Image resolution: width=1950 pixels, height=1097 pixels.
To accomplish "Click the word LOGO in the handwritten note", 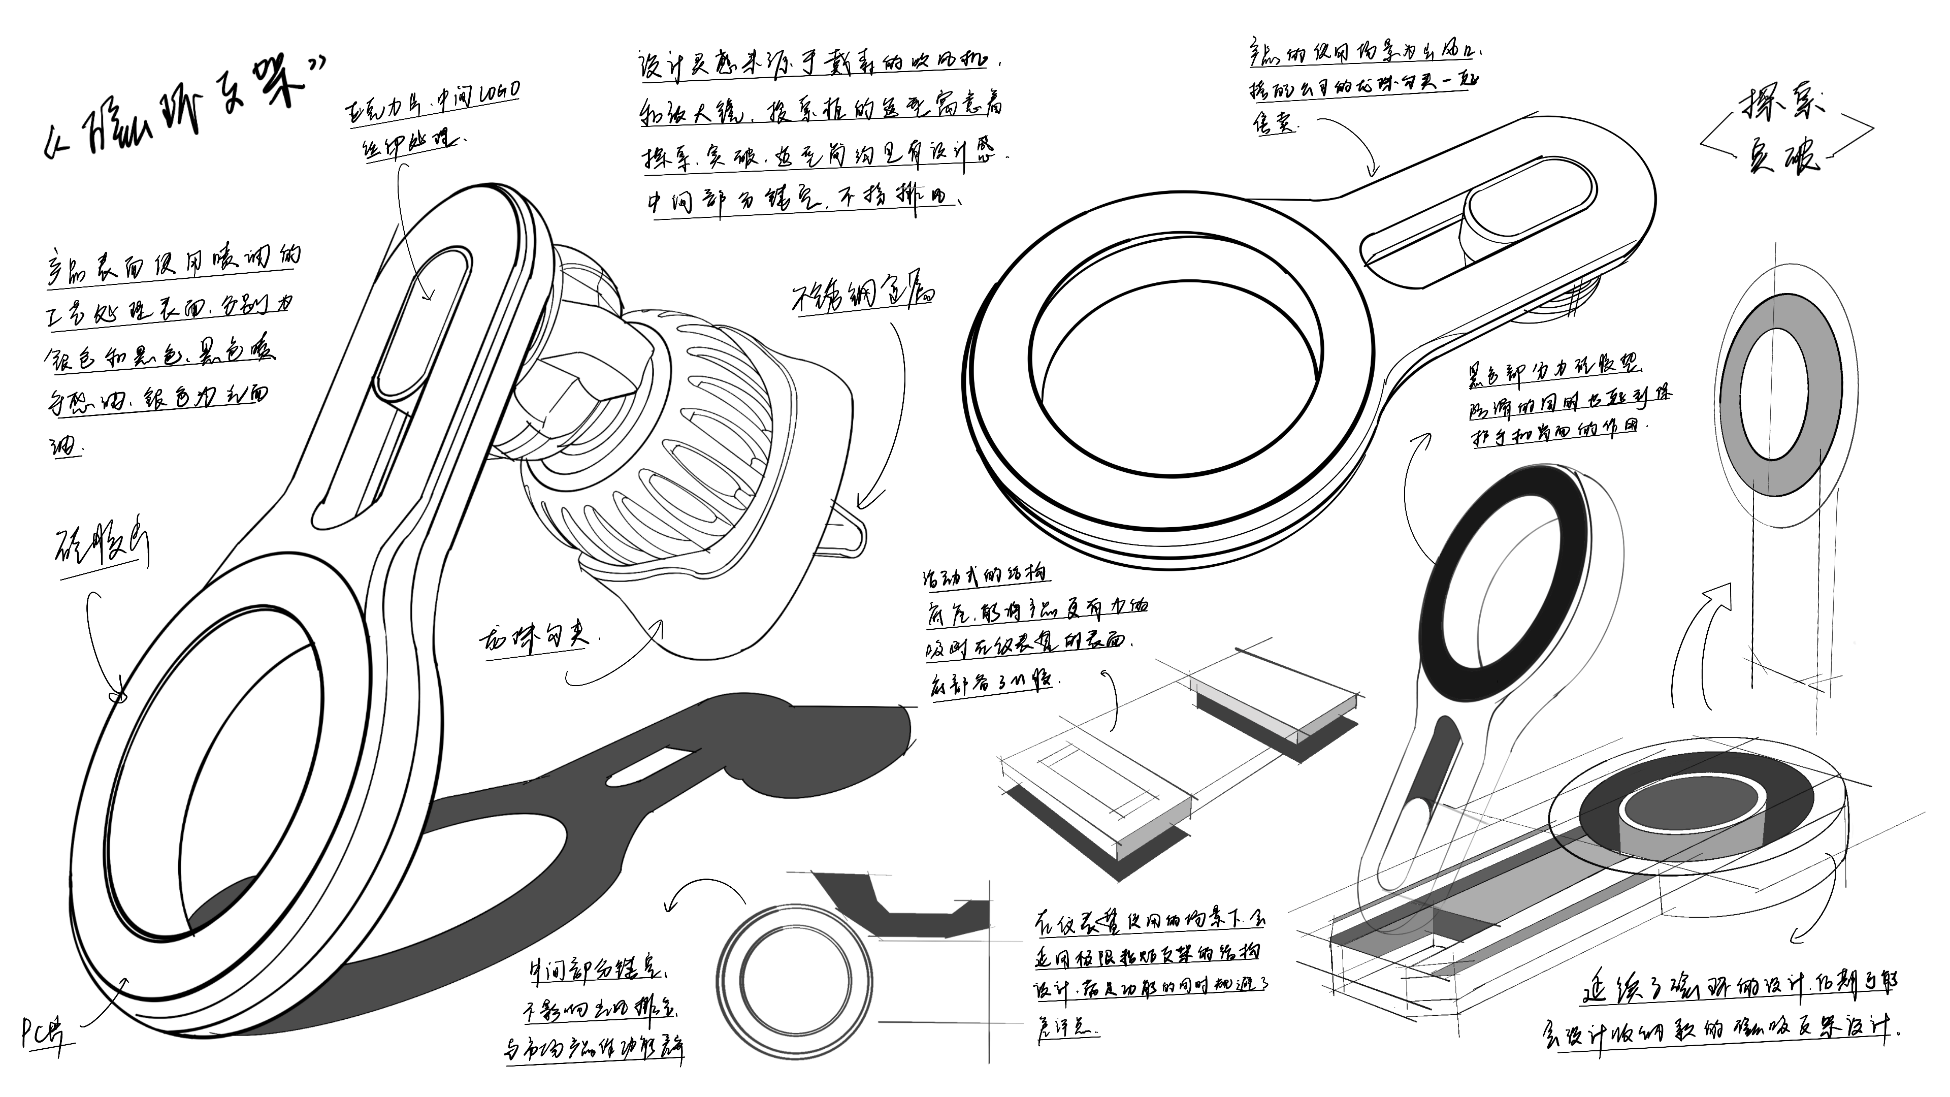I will pos(498,92).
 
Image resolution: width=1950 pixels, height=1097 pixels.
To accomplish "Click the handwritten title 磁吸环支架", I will pos(182,112).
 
